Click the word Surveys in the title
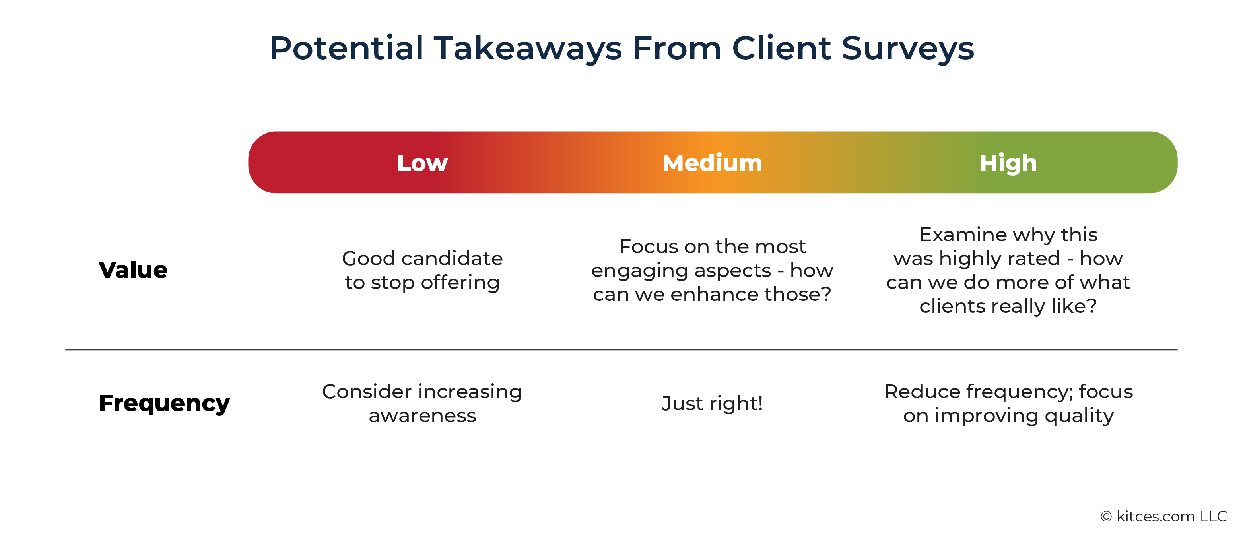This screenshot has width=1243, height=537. point(908,49)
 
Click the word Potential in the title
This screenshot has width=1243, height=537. point(346,48)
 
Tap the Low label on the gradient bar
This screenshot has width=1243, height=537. point(422,163)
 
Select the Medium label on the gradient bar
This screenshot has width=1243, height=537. point(712,163)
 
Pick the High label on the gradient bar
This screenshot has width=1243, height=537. point(1008,163)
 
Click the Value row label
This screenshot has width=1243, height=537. point(133,270)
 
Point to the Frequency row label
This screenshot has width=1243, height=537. point(165,403)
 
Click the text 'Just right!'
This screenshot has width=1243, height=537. point(712,403)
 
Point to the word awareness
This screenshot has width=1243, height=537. point(422,416)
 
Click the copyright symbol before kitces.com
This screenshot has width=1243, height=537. point(1107,517)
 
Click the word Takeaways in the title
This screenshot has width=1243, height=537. point(528,49)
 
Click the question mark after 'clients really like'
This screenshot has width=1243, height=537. point(1092,306)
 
